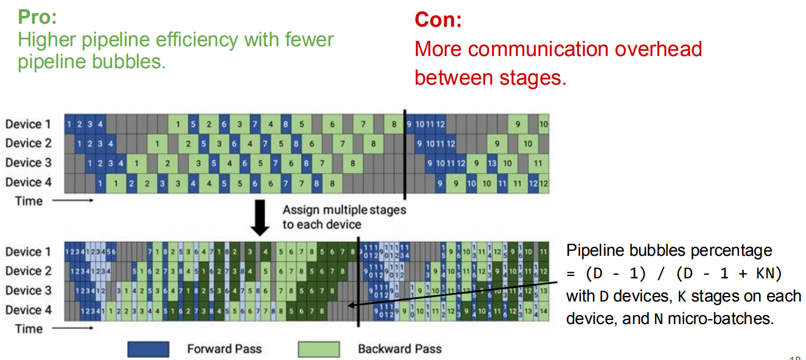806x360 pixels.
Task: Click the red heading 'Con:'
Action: [438, 20]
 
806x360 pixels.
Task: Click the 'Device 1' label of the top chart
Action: [28, 124]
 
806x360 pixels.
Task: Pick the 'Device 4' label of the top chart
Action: [28, 182]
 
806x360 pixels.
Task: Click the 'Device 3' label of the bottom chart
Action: [28, 290]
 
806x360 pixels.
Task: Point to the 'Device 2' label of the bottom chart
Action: [28, 271]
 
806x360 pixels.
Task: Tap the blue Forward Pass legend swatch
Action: [148, 349]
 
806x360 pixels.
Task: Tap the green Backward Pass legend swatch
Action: [318, 349]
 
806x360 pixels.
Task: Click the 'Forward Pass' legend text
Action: [224, 349]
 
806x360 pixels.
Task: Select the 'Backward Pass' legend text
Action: [399, 349]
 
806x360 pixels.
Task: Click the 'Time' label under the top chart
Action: [29, 201]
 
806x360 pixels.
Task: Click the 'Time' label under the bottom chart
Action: [29, 329]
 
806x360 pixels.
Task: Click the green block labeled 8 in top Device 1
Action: [394, 124]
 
